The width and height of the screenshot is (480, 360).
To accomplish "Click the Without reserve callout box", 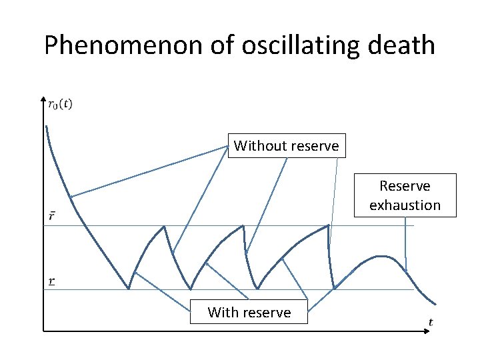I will [x=287, y=145].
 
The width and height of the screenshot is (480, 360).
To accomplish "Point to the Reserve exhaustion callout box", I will [x=405, y=195].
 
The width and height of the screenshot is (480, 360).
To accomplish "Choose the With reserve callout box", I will [x=249, y=312].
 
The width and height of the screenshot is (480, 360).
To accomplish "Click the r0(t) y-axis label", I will [x=60, y=103].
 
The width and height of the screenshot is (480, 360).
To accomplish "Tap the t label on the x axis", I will [x=431, y=322].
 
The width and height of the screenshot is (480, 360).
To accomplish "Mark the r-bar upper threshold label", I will [x=52, y=216].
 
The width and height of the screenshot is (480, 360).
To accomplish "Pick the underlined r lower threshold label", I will [x=52, y=281].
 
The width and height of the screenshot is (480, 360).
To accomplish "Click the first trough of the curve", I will [x=129, y=289].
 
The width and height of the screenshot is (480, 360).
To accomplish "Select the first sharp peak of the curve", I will [x=164, y=227].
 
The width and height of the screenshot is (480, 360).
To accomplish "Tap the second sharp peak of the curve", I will [x=243, y=226].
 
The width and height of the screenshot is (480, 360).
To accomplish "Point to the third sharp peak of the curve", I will [x=329, y=225].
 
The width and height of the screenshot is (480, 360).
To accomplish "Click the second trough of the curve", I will [x=191, y=289].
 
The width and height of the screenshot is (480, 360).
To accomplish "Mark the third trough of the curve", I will [x=257, y=289].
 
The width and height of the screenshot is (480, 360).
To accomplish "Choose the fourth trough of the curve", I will [x=334, y=289].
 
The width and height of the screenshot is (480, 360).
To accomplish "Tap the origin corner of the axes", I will [x=43, y=329].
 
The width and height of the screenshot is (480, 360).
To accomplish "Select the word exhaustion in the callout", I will [x=405, y=205].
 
